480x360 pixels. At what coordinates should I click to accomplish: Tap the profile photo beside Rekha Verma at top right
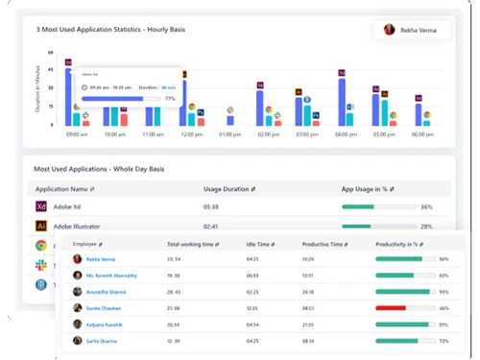click(389, 30)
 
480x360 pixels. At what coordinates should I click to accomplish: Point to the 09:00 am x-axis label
click(77, 134)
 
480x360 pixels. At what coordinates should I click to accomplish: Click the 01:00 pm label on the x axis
click(230, 134)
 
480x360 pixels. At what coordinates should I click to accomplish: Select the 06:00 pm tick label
click(423, 134)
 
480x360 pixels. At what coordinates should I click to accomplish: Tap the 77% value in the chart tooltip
click(170, 98)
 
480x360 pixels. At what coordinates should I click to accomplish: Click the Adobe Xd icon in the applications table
click(41, 206)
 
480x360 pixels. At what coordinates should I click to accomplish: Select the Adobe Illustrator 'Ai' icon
click(41, 226)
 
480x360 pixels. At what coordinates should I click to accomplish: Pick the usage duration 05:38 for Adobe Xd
click(212, 206)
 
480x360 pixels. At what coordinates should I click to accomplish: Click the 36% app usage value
click(426, 206)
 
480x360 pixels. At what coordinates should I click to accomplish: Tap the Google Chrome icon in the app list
click(41, 246)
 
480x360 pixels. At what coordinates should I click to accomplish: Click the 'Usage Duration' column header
click(227, 189)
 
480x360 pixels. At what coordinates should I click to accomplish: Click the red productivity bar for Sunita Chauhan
click(392, 308)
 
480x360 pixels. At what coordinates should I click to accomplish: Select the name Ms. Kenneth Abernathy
click(111, 276)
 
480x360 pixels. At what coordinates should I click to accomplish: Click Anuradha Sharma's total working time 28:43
click(174, 292)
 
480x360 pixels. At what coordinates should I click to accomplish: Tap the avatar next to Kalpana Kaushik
click(76, 324)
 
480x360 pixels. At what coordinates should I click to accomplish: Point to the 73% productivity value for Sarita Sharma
click(444, 341)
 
